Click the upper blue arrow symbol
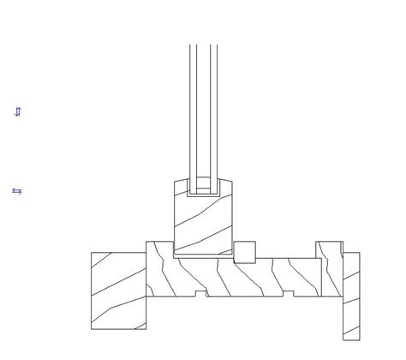click(x=18, y=111)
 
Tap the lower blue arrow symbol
click(x=16, y=191)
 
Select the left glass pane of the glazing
click(x=194, y=111)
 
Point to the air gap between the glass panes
click(x=203, y=111)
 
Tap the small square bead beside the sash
click(x=245, y=252)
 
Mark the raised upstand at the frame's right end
click(x=329, y=250)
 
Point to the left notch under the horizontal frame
click(x=201, y=294)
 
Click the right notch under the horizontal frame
click(x=289, y=294)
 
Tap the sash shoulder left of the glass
click(x=181, y=187)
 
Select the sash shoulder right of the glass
click(x=226, y=187)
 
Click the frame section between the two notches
click(x=245, y=279)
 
